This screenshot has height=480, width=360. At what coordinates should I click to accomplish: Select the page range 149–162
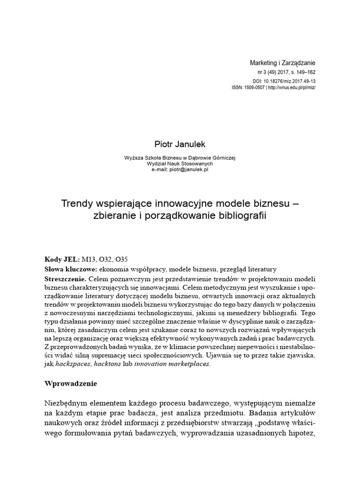pos(303,73)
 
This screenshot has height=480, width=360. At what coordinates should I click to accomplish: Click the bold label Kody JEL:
pos(62,259)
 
